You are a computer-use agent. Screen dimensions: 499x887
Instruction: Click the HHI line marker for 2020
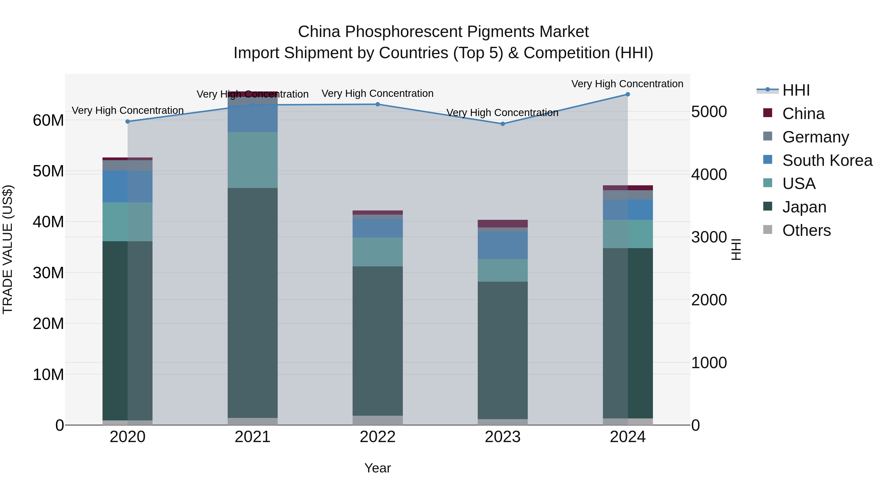pyautogui.click(x=127, y=121)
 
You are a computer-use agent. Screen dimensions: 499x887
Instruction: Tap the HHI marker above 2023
pyautogui.click(x=502, y=124)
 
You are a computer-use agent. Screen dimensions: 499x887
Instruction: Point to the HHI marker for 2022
pyautogui.click(x=377, y=104)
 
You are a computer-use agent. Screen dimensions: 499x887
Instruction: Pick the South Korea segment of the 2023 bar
pyautogui.click(x=502, y=245)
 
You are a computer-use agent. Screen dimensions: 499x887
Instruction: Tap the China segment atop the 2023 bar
pyautogui.click(x=502, y=224)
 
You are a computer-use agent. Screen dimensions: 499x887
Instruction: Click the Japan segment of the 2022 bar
pyautogui.click(x=377, y=341)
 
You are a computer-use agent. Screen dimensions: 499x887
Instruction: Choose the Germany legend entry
pyautogui.click(x=815, y=137)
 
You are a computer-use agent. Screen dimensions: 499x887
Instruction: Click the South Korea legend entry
pyautogui.click(x=827, y=160)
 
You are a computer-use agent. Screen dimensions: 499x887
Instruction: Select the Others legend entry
pyautogui.click(x=806, y=230)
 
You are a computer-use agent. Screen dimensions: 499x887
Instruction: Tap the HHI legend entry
pyautogui.click(x=796, y=90)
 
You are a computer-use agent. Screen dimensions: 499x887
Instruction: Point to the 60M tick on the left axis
pyautogui.click(x=48, y=120)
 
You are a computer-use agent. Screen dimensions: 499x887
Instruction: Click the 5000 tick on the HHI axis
pyautogui.click(x=709, y=112)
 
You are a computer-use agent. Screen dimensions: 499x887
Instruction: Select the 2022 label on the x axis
pyautogui.click(x=377, y=437)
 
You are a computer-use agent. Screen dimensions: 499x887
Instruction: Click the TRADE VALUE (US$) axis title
pyautogui.click(x=8, y=249)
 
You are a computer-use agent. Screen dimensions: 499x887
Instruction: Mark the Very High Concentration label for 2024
pyautogui.click(x=627, y=84)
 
